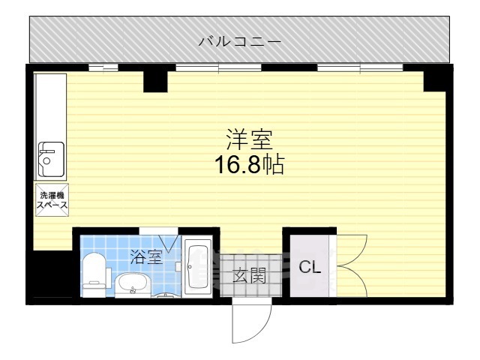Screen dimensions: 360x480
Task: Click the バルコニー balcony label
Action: coord(239,40)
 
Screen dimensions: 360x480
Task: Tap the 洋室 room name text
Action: coord(250,139)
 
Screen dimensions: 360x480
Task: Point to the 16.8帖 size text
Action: coord(250,165)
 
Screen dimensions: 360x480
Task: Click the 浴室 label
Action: coord(145,257)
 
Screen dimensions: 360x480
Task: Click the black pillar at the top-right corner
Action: coord(434,79)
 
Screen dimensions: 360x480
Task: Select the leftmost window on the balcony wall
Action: coord(103,68)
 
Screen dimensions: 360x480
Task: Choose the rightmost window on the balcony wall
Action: coord(360,68)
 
